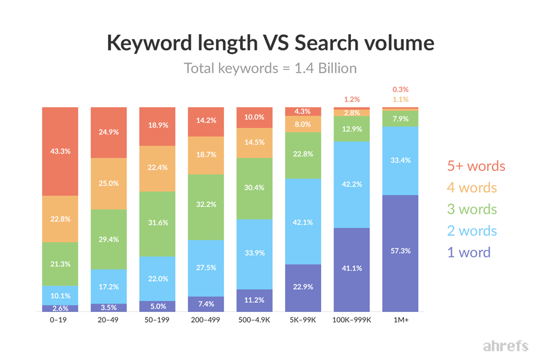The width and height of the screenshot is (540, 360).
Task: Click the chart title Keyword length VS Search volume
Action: point(270,43)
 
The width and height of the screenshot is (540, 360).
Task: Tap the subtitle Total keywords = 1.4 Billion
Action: point(270,68)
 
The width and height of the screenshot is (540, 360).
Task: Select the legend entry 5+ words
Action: point(476,166)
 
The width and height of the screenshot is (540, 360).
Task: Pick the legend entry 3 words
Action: point(472,209)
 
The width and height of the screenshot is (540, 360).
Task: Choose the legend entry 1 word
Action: point(468,253)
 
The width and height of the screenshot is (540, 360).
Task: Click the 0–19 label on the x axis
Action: point(60,320)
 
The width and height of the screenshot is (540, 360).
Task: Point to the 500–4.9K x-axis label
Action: point(255,320)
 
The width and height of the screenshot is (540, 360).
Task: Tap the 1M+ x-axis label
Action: point(400,320)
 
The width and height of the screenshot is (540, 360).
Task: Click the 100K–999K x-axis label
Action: point(352,320)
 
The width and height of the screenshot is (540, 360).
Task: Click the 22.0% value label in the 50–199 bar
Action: point(157,279)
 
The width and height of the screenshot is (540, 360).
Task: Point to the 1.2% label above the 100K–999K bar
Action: point(352,100)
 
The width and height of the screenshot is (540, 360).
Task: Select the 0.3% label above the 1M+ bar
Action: point(400,90)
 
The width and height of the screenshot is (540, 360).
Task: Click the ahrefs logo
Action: point(505,346)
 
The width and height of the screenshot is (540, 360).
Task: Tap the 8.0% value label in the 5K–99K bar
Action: point(303,124)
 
